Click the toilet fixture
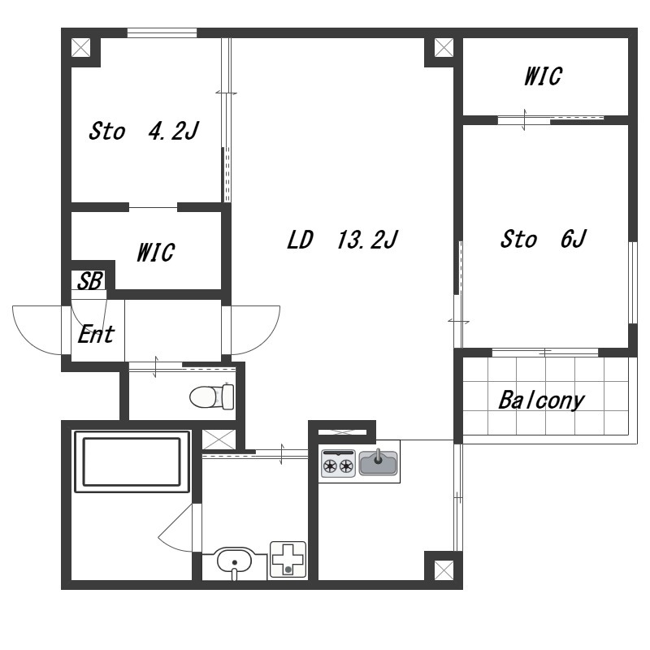(x=212, y=396)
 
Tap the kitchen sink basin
(x=378, y=462)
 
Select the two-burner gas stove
(x=338, y=463)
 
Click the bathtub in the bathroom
(x=132, y=461)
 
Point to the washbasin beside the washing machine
(x=234, y=562)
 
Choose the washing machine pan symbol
(x=288, y=559)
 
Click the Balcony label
(x=541, y=401)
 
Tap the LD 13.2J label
(x=342, y=239)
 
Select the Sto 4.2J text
(x=144, y=131)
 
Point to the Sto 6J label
(x=543, y=239)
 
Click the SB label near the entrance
(x=89, y=280)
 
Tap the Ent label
(x=96, y=334)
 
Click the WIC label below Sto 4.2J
(x=155, y=253)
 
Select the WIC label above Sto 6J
(x=543, y=76)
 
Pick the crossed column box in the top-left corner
(x=80, y=47)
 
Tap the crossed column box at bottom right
(x=444, y=570)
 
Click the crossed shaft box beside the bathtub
(x=219, y=440)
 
